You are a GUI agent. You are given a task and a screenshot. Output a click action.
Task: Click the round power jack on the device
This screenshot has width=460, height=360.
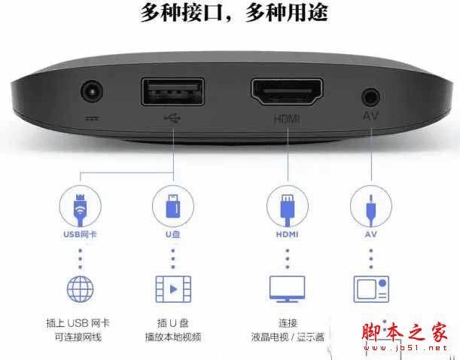coord(92,91)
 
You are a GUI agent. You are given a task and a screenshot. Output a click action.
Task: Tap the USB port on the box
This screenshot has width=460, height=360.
coord(173,92)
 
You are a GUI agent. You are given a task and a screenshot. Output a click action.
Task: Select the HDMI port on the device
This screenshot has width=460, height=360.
coord(287,92)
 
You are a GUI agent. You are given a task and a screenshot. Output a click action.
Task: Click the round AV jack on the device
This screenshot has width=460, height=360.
coord(370,97)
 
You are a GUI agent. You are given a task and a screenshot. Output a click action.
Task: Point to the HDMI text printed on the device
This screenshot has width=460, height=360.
coord(287,119)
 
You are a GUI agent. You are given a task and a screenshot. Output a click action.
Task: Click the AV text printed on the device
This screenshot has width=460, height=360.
coord(370,115)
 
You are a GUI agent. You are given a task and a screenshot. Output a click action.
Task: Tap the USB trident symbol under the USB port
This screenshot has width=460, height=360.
coord(172,118)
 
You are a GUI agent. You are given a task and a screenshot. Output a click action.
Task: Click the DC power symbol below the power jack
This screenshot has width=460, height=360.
coord(92,118)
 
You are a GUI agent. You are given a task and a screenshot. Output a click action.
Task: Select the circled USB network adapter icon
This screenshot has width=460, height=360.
coord(80,206)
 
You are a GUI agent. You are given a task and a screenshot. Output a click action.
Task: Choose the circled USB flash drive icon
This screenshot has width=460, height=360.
coord(173,206)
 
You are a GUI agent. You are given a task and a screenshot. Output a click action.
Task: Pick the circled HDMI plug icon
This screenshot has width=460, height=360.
coord(287,206)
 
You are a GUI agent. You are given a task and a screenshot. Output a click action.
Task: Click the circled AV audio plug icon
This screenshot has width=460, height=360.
coord(371,206)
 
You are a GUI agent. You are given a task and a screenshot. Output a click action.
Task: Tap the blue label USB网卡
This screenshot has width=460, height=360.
coord(80,234)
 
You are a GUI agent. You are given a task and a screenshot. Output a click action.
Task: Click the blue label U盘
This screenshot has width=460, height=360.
coord(173,234)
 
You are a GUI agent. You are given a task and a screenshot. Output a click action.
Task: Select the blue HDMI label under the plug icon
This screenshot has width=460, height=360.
coord(287,234)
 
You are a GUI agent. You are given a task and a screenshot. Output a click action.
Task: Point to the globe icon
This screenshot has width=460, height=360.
coord(80,289)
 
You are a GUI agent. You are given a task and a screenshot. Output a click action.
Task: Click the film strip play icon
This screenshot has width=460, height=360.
coord(173,289)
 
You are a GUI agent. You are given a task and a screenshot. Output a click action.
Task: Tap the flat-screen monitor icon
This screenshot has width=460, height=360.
coord(287,289)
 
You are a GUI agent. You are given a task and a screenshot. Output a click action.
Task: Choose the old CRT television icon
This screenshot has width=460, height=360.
coord(371,289)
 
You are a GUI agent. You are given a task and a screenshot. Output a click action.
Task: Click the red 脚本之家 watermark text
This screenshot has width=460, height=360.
coord(405,332)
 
